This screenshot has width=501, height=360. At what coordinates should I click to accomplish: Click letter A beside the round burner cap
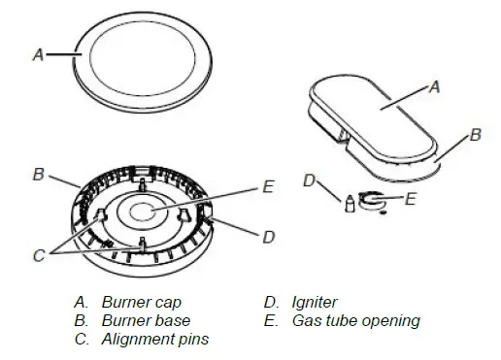(38, 55)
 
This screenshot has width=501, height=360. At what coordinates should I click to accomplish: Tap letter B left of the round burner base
(38, 176)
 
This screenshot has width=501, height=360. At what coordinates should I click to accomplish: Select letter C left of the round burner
(39, 256)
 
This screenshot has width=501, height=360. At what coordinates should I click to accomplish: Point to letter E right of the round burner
(269, 186)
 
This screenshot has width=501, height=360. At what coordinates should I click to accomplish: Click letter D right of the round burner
(269, 236)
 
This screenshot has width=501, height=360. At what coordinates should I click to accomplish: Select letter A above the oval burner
(435, 87)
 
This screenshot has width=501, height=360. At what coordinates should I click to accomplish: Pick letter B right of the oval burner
(475, 136)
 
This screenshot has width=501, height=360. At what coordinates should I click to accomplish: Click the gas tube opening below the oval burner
(373, 201)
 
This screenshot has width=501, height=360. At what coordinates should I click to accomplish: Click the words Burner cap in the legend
(142, 302)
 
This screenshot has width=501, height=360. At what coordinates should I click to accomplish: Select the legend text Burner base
(146, 320)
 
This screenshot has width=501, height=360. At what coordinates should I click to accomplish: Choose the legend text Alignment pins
(154, 339)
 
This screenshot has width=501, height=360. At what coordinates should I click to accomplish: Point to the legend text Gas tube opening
(355, 320)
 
